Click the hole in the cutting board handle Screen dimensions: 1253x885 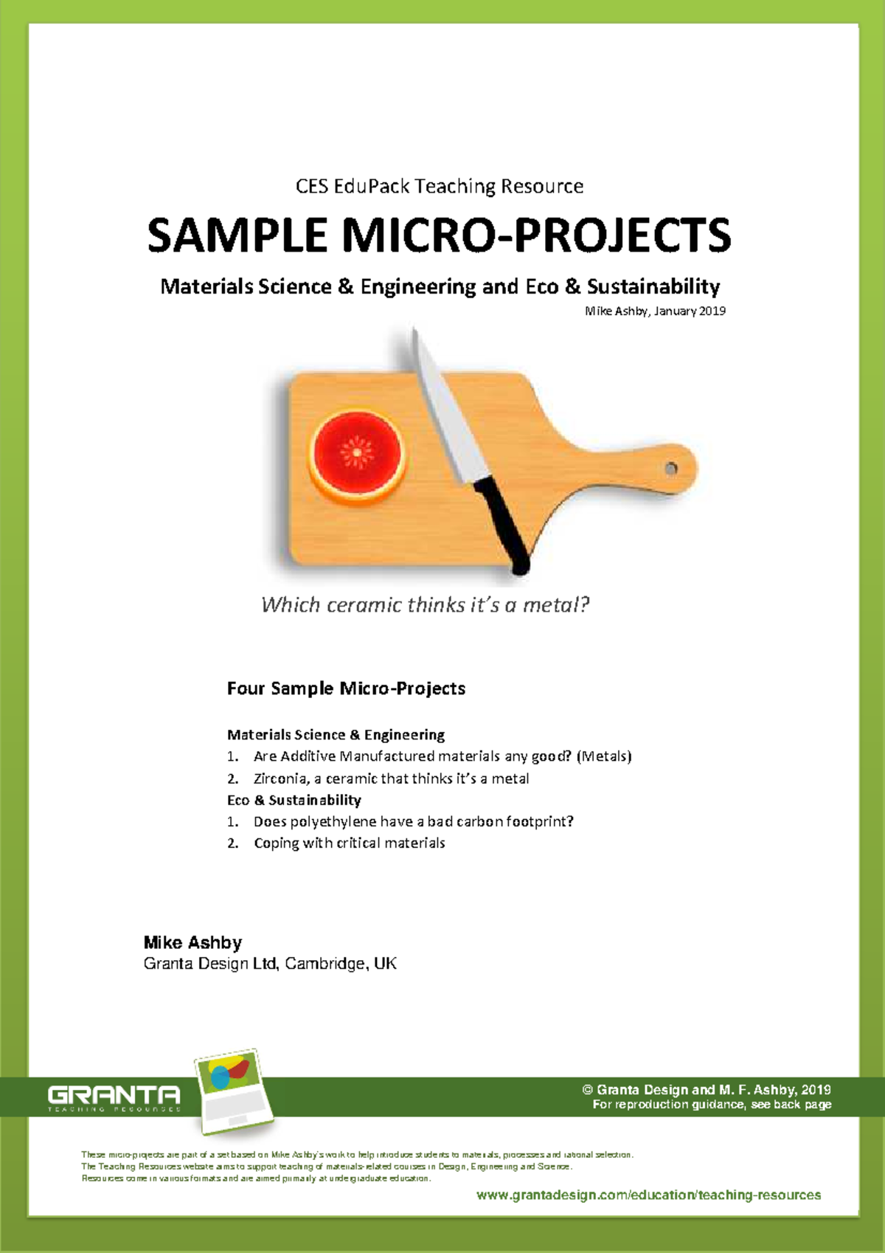[671, 469]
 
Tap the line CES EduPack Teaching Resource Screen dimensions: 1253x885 [440, 186]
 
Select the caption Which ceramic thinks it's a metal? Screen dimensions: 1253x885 [426, 605]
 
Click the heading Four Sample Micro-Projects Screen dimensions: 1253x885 [346, 688]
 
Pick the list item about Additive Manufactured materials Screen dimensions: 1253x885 [442, 756]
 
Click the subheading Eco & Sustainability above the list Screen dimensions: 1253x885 [294, 800]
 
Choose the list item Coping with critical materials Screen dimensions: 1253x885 [349, 843]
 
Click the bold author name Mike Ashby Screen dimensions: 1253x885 [192, 942]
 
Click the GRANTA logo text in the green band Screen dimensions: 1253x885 [114, 1094]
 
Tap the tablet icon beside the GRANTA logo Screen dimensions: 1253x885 [233, 1091]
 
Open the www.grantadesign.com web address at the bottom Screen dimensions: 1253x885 [648, 1195]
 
